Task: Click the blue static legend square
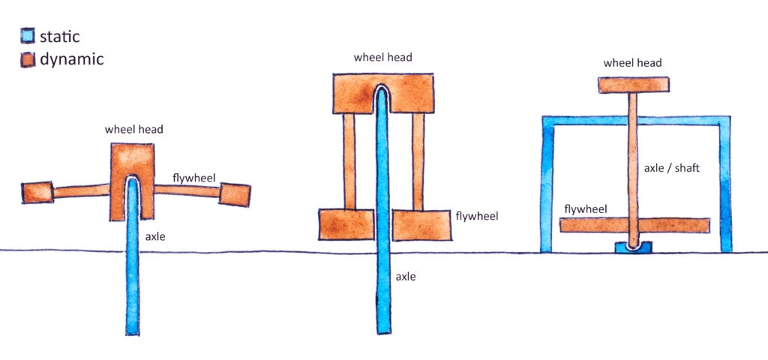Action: [28, 35]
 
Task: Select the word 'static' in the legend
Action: [59, 35]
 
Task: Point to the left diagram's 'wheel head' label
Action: [133, 129]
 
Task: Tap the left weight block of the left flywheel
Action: [37, 192]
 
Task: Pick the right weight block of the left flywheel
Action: [234, 193]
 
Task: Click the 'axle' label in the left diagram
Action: [156, 236]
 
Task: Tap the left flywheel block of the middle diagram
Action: [346, 224]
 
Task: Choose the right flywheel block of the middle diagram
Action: [422, 225]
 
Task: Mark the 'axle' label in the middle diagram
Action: [406, 277]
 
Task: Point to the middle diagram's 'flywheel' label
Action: [477, 216]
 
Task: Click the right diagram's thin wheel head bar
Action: [634, 85]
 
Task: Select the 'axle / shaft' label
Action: [672, 168]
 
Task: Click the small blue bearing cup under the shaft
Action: [634, 246]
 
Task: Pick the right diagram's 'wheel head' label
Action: [633, 63]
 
